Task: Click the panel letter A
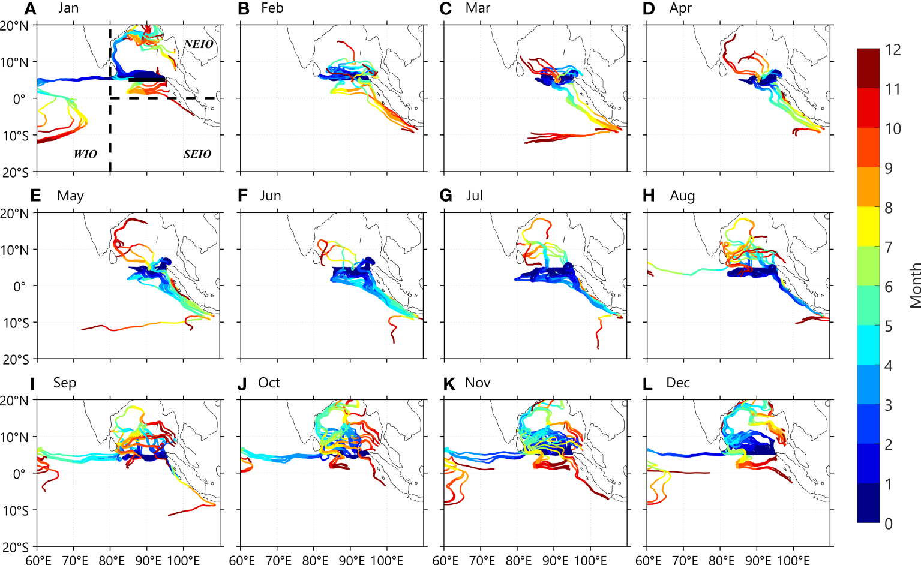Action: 31,8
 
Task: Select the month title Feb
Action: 272,8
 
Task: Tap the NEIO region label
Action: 199,44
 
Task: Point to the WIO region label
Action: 85,154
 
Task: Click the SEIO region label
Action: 197,154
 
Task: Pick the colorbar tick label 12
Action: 893,50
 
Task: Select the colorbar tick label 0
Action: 889,524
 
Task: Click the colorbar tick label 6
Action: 889,287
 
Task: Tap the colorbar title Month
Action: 915,285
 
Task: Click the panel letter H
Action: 648,196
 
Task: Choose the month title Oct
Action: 269,383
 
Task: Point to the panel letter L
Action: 647,384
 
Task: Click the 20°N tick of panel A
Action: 14,26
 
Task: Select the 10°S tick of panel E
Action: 16,323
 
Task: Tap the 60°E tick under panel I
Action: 38,560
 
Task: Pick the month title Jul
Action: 475,196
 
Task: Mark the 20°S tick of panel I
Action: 14,547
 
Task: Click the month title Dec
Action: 678,383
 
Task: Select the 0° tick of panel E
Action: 20,286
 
